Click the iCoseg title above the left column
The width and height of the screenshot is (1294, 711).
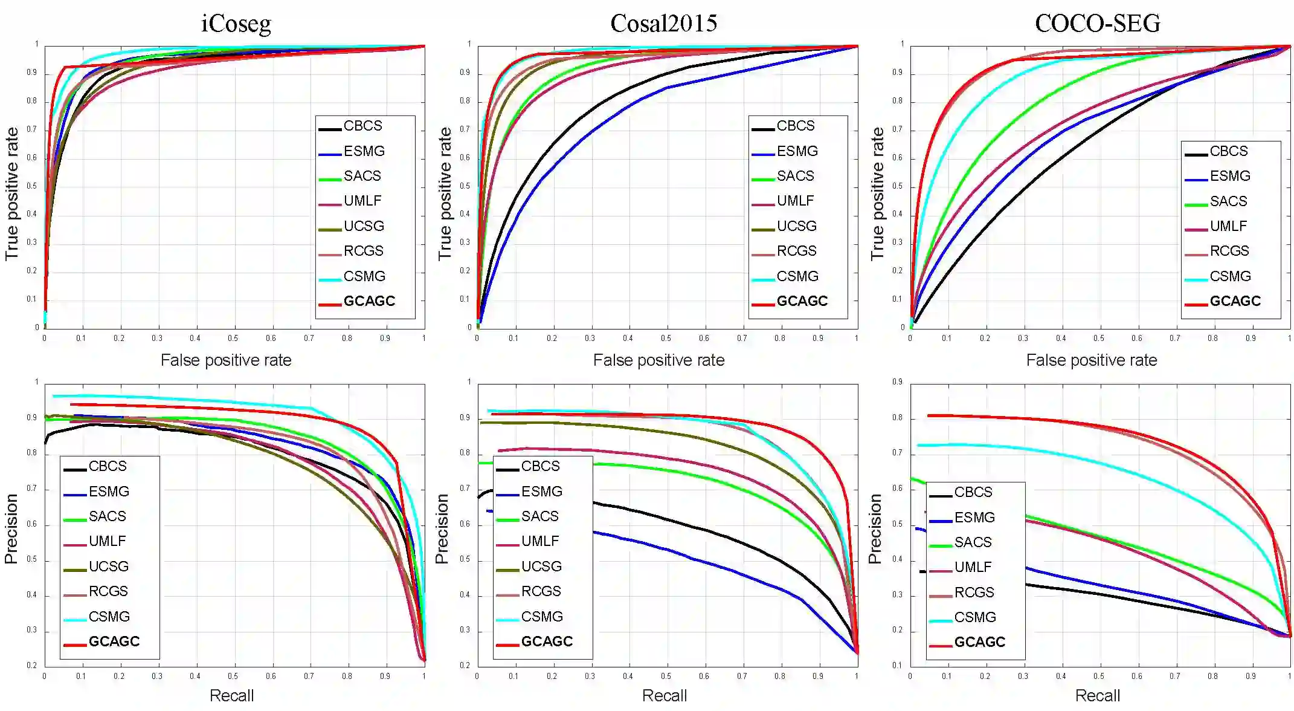pyautogui.click(x=236, y=24)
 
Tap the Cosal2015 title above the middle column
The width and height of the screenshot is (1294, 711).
pyautogui.click(x=663, y=24)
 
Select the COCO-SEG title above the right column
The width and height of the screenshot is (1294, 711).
pyautogui.click(x=1097, y=24)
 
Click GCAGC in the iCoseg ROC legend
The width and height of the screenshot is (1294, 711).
pyautogui.click(x=369, y=301)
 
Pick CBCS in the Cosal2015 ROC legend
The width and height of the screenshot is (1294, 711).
pyautogui.click(x=795, y=126)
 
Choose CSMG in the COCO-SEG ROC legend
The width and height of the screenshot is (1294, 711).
pyautogui.click(x=1229, y=276)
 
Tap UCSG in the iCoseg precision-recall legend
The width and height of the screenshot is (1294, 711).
pyautogui.click(x=109, y=567)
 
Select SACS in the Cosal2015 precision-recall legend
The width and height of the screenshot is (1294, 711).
pyautogui.click(x=539, y=516)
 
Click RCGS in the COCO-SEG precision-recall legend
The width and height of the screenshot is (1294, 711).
pyautogui.click(x=974, y=592)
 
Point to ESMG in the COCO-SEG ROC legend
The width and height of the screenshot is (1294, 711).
pyautogui.click(x=1229, y=176)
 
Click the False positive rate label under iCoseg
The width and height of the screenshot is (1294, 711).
pyautogui.click(x=226, y=360)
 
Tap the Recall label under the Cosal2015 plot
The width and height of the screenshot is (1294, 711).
pyautogui.click(x=664, y=696)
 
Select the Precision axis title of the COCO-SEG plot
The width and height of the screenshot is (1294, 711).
pyautogui.click(x=874, y=529)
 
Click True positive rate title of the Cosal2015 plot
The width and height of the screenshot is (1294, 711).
pyautogui.click(x=445, y=193)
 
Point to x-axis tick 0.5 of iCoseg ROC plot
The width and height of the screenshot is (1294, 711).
pyautogui.click(x=233, y=339)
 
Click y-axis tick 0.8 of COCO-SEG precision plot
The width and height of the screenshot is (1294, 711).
pyautogui.click(x=898, y=418)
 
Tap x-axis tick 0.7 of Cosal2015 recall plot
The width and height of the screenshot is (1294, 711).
pyautogui.click(x=742, y=677)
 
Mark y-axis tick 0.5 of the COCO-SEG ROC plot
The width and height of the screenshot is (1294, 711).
pyautogui.click(x=898, y=186)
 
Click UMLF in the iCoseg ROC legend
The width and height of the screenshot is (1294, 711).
pyautogui.click(x=362, y=201)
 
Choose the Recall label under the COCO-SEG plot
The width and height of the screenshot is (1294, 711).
pyautogui.click(x=1097, y=696)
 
